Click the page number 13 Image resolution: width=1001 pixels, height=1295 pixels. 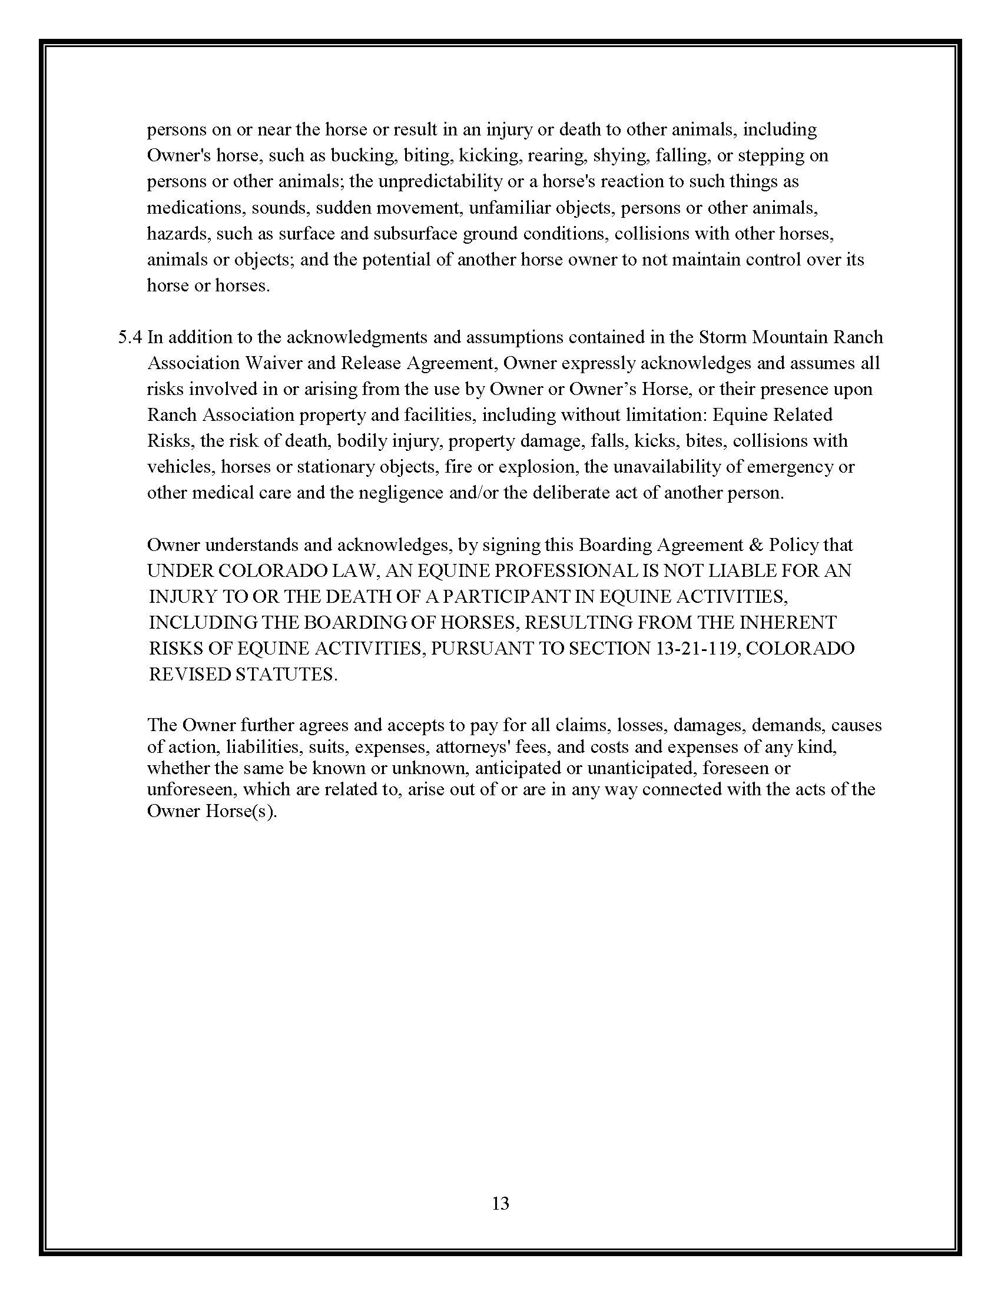500,1203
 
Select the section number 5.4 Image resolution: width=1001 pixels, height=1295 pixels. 131,337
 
